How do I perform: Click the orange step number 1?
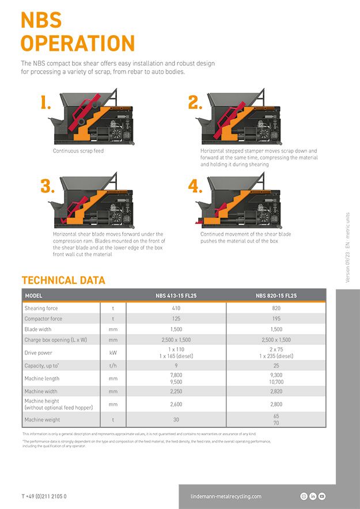(x=46, y=102)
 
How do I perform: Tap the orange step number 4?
(x=195, y=185)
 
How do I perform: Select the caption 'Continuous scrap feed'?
(x=78, y=151)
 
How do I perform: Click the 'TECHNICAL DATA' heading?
(x=63, y=280)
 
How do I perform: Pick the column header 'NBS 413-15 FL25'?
(x=176, y=296)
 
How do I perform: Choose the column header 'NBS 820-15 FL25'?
(x=276, y=296)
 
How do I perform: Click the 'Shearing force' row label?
(x=41, y=308)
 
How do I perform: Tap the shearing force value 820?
(x=276, y=308)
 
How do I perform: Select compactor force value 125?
(x=176, y=318)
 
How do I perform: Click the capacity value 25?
(x=276, y=366)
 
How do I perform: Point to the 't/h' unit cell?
(x=113, y=366)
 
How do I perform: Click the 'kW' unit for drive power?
(x=113, y=352)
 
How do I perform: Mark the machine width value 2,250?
(x=176, y=392)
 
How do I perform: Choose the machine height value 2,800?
(x=276, y=404)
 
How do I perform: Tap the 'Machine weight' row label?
(x=43, y=420)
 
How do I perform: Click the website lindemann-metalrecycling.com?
(x=226, y=496)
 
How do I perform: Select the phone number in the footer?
(x=44, y=496)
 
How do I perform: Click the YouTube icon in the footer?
(x=321, y=496)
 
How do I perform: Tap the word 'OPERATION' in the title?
(x=78, y=43)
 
